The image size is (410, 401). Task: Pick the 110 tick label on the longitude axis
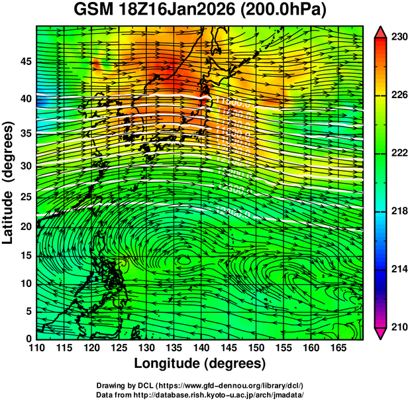click(x=36, y=348)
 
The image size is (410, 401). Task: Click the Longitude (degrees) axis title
click(x=200, y=363)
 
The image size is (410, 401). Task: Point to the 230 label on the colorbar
click(x=399, y=38)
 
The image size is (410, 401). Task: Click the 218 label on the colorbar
click(x=399, y=211)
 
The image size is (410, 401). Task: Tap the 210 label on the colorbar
click(x=399, y=327)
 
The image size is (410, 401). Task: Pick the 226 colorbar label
click(x=399, y=95)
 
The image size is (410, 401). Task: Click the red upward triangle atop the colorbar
click(x=382, y=31)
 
